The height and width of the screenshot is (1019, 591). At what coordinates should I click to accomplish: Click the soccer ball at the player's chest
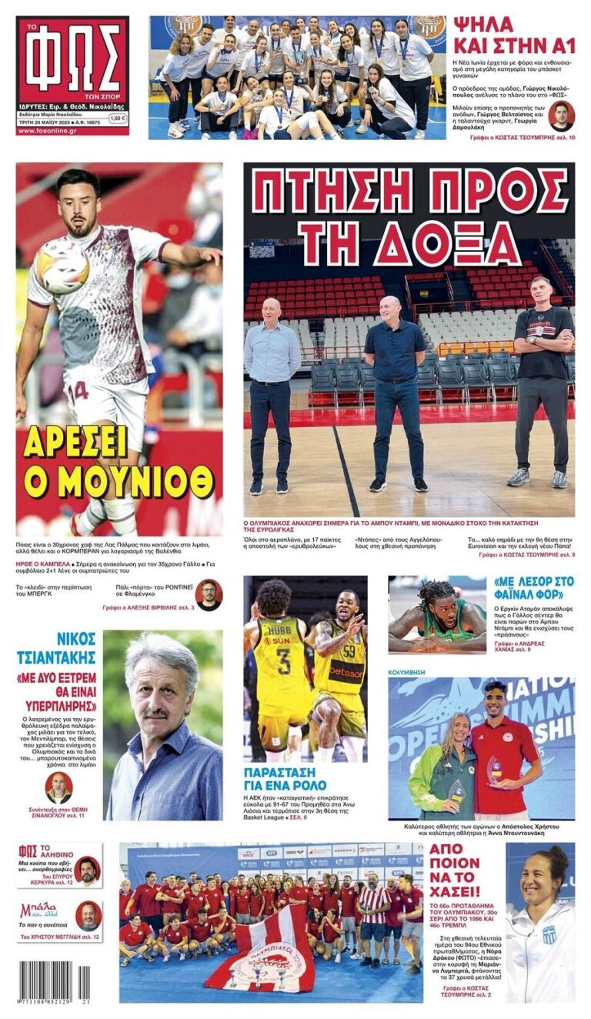(62, 266)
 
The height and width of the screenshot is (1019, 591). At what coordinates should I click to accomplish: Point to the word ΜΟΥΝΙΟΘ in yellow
(118, 481)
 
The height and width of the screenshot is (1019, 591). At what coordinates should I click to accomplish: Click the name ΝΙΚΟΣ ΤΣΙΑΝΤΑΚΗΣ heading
(57, 648)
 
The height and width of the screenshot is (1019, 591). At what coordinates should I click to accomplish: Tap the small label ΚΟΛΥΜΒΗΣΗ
(407, 672)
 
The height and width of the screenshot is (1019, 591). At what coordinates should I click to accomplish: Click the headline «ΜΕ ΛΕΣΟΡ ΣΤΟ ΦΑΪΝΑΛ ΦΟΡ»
(533, 588)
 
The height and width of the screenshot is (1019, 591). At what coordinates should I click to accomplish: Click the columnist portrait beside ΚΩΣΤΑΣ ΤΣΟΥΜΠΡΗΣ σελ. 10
(560, 116)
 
